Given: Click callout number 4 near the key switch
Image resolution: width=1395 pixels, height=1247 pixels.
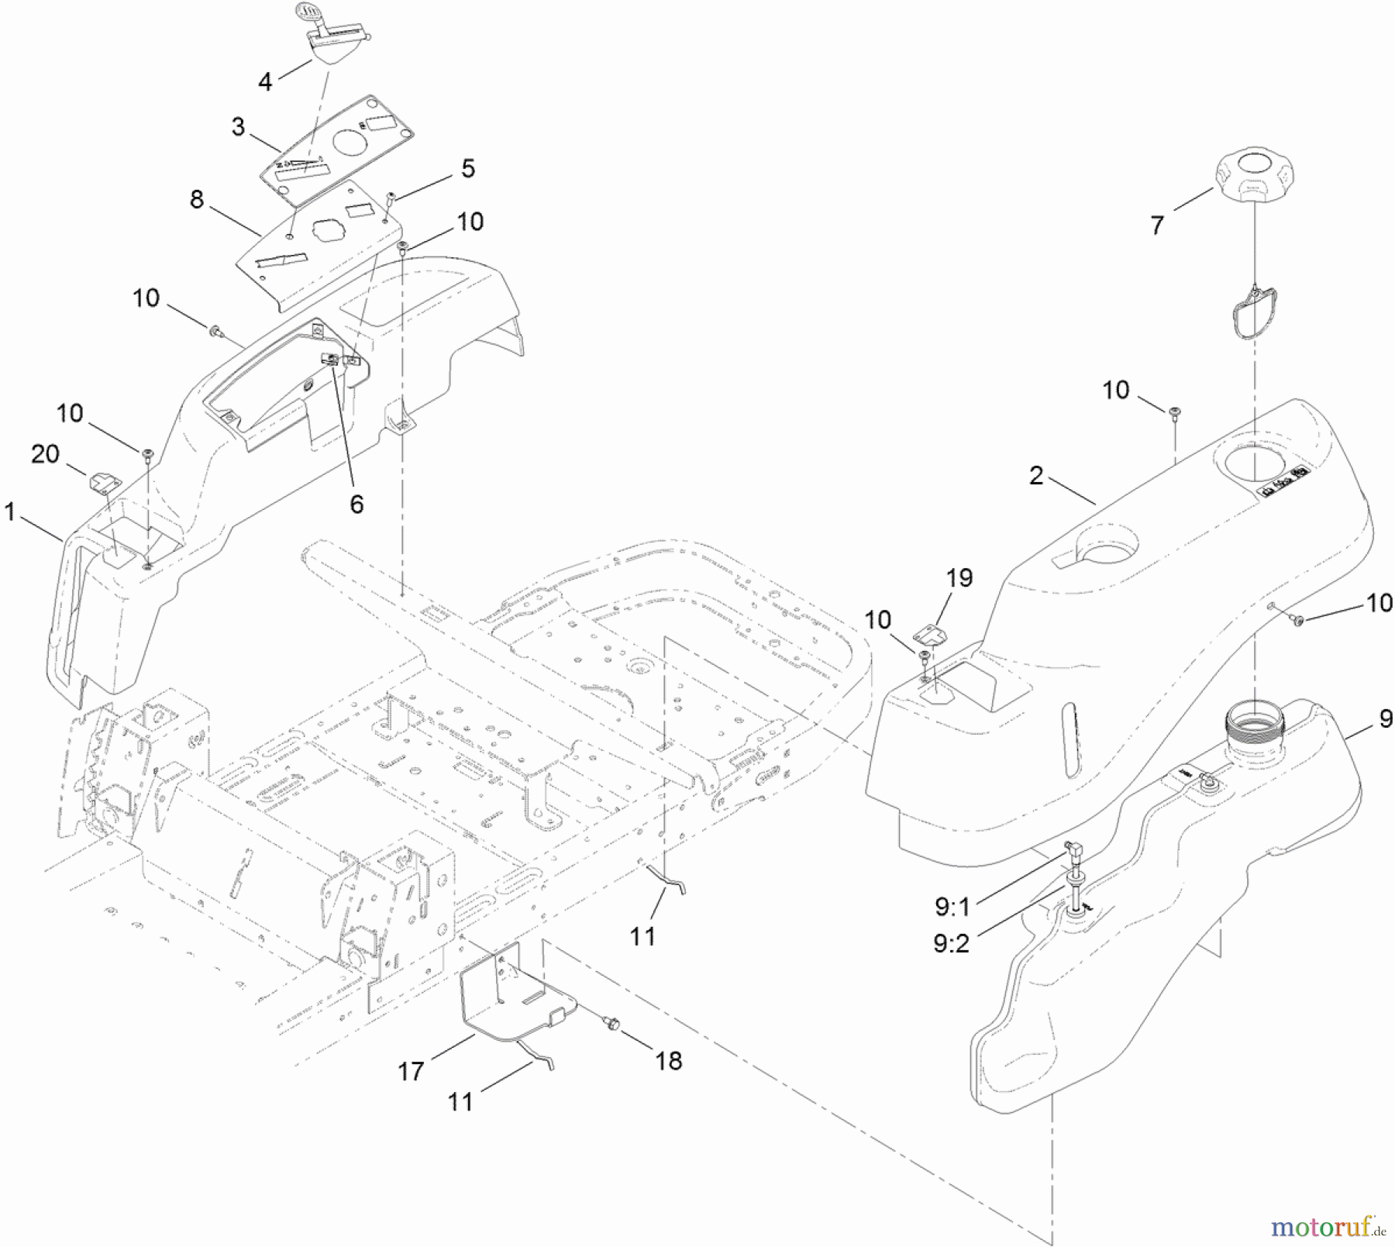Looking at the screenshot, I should coord(266,81).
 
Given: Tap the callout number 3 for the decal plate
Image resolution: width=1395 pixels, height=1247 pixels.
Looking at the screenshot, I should coord(238,126).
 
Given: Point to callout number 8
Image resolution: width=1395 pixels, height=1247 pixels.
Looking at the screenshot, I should coord(197,199).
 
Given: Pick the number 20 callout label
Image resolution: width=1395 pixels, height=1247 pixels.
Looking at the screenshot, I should coord(45,453).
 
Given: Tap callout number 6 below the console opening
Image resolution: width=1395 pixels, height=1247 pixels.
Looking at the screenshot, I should coord(356,504).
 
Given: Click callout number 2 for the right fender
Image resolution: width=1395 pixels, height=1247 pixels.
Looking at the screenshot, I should coord(1036,475).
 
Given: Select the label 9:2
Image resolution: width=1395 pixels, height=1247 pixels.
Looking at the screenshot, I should coord(951,944).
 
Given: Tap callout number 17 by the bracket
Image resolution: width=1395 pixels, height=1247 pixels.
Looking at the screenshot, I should coord(411,1071).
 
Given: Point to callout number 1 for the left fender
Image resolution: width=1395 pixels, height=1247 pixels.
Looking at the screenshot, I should coord(10,512).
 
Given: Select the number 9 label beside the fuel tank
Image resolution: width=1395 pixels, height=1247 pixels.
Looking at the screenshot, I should coord(1386,719).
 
